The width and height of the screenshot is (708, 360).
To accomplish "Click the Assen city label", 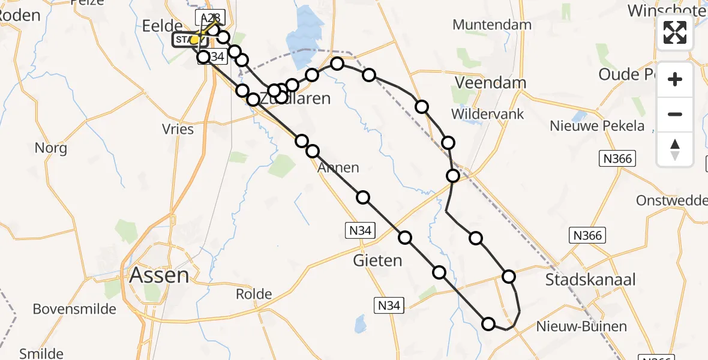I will [x=160, y=275].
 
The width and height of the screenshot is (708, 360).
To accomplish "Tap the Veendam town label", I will [x=490, y=83].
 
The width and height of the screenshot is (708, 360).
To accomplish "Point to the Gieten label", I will [x=377, y=260].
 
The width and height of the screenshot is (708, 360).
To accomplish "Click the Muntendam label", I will [x=492, y=25].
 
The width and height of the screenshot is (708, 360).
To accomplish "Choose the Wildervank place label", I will [x=488, y=114].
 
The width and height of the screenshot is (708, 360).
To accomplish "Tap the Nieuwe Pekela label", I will [x=597, y=127].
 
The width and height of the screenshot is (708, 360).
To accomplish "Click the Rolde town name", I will [x=254, y=295].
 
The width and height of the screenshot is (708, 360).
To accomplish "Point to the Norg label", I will [x=51, y=148].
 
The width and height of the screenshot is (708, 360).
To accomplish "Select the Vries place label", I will [x=178, y=129].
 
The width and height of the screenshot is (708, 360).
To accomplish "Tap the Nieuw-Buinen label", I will [x=574, y=327].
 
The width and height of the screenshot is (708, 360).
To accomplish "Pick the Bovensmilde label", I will [x=70, y=309].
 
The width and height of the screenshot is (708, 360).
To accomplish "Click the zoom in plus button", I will [x=675, y=79].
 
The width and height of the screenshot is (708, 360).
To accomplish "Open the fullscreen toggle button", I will [x=675, y=32].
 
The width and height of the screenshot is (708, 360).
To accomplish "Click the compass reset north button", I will [x=675, y=149].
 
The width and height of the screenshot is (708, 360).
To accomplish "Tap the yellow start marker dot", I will [x=194, y=40].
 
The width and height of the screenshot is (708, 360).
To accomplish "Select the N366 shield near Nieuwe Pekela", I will [x=617, y=158].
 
